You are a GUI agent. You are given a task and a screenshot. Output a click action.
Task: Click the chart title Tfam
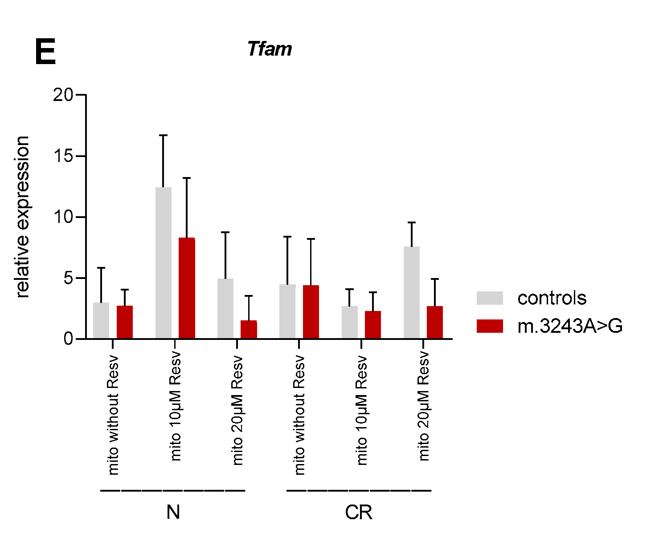(x=270, y=49)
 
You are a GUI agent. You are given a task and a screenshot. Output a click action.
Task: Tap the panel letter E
(x=45, y=52)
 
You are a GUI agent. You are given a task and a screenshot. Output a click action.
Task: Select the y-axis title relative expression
(x=22, y=217)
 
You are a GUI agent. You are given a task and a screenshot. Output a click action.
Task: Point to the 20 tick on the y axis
(x=63, y=95)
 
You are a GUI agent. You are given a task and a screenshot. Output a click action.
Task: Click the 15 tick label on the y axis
(x=63, y=156)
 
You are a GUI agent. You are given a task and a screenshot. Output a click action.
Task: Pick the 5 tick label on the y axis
(x=68, y=278)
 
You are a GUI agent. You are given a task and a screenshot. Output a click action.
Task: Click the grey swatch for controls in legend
(x=490, y=298)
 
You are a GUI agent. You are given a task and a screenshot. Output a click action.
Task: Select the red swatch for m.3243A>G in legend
(x=490, y=326)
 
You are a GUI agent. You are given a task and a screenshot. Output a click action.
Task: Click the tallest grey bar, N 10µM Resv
(x=164, y=262)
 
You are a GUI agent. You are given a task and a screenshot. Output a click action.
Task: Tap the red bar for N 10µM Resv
(x=187, y=288)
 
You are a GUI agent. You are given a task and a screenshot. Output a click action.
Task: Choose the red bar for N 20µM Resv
(x=249, y=329)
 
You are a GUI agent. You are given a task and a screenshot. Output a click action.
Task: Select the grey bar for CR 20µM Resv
(x=412, y=292)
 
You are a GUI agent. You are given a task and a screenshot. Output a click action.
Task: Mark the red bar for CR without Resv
(x=311, y=311)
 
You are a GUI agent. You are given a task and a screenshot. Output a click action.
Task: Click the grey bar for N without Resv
(x=101, y=320)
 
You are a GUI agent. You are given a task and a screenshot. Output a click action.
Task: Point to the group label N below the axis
(x=173, y=513)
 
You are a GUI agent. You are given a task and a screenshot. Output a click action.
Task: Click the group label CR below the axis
(x=359, y=513)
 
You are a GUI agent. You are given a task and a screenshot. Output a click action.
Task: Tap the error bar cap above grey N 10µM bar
(x=164, y=135)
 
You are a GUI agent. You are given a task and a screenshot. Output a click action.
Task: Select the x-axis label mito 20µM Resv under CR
(x=424, y=406)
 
